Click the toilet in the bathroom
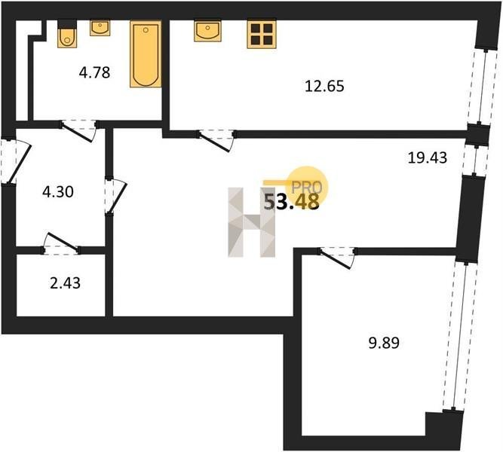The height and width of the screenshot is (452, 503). pyautogui.click(x=67, y=34)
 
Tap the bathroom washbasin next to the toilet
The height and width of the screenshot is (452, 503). pyautogui.click(x=100, y=28)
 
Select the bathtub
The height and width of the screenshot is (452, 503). pyautogui.click(x=146, y=53)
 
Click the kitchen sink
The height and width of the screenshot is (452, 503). pyautogui.click(x=207, y=31)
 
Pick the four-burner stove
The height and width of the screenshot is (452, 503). pyautogui.click(x=262, y=35)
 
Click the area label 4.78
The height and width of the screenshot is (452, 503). pyautogui.click(x=94, y=73)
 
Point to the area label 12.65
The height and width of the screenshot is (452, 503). pyautogui.click(x=324, y=86)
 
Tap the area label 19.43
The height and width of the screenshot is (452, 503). pyautogui.click(x=428, y=157)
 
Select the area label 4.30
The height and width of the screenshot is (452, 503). pyautogui.click(x=58, y=191)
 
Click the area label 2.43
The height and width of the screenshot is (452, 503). pyautogui.click(x=65, y=283)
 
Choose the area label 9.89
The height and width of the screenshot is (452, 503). pyautogui.click(x=384, y=343)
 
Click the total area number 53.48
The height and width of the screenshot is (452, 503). pyautogui.click(x=291, y=202)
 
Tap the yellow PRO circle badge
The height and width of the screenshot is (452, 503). pyautogui.click(x=307, y=187)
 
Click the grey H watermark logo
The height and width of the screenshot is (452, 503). pyautogui.click(x=252, y=222)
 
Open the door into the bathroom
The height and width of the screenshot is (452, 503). pyautogui.click(x=78, y=130)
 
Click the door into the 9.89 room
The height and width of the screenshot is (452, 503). pyautogui.click(x=337, y=258)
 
